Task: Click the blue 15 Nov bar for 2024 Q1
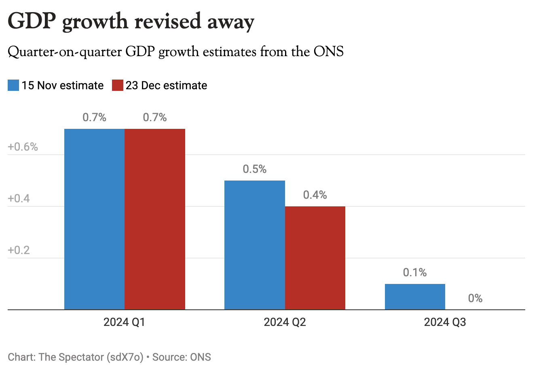(94, 219)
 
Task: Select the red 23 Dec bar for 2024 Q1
(155, 219)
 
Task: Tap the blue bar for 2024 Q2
(254, 245)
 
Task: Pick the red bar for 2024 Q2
(315, 258)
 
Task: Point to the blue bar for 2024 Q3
(415, 296)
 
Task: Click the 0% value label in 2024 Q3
(475, 298)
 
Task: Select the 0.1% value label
(415, 273)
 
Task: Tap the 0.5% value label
(254, 169)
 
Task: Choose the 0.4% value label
(315, 195)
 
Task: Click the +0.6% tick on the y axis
(23, 147)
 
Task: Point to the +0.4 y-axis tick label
(19, 199)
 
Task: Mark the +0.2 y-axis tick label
(19, 250)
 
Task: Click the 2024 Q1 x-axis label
(124, 322)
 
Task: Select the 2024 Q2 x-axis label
(285, 322)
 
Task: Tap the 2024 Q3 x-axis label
(445, 322)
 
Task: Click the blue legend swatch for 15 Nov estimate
(13, 86)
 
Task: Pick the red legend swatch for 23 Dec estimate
(117, 86)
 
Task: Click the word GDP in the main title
(32, 21)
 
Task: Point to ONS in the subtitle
(328, 52)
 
